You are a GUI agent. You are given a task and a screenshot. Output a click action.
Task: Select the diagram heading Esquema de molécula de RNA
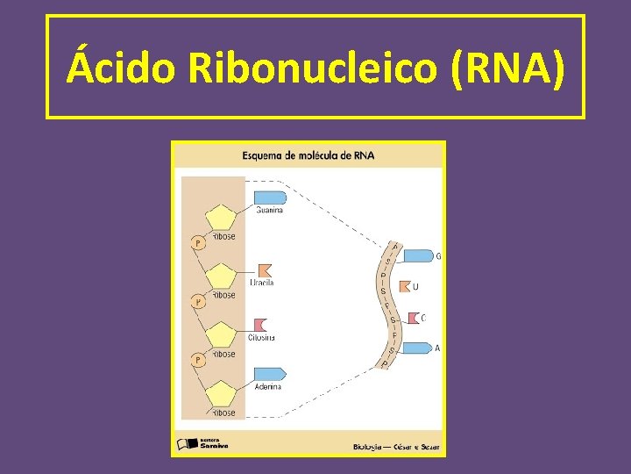coord(308,155)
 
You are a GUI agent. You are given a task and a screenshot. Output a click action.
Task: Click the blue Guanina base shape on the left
coord(269,197)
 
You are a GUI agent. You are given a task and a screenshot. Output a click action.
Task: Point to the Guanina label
coord(269,210)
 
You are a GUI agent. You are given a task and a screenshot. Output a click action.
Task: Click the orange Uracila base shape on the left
coord(264,271)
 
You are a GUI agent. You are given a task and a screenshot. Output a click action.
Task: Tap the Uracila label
coord(262,283)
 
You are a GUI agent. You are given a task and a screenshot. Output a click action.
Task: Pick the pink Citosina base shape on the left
coord(259,326)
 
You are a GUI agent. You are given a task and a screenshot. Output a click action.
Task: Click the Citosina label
coord(260,337)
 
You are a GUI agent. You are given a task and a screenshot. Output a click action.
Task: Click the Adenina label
coord(267,386)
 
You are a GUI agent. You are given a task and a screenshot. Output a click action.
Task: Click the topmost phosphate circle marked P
coord(198,242)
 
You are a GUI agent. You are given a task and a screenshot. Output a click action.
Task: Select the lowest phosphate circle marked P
coord(198,360)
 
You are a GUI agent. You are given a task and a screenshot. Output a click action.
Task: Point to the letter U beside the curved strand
coord(415,286)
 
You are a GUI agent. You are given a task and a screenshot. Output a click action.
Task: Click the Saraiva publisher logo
coord(203,444)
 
